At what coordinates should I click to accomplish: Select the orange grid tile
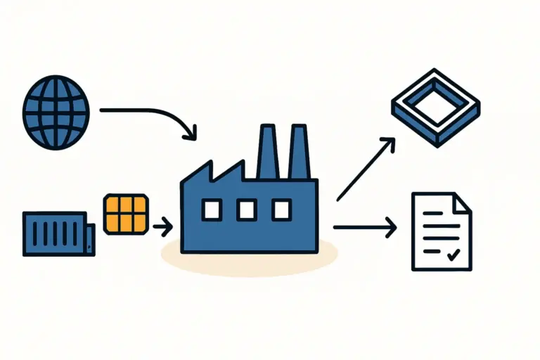click(x=126, y=213)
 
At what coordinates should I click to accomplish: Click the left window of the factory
click(x=212, y=209)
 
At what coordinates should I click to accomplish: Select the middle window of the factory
click(x=246, y=209)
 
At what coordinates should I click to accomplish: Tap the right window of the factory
click(x=281, y=209)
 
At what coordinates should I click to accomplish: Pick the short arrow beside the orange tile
click(x=162, y=226)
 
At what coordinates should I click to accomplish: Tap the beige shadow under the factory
click(x=249, y=259)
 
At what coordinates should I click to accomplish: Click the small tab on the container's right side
click(x=91, y=238)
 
